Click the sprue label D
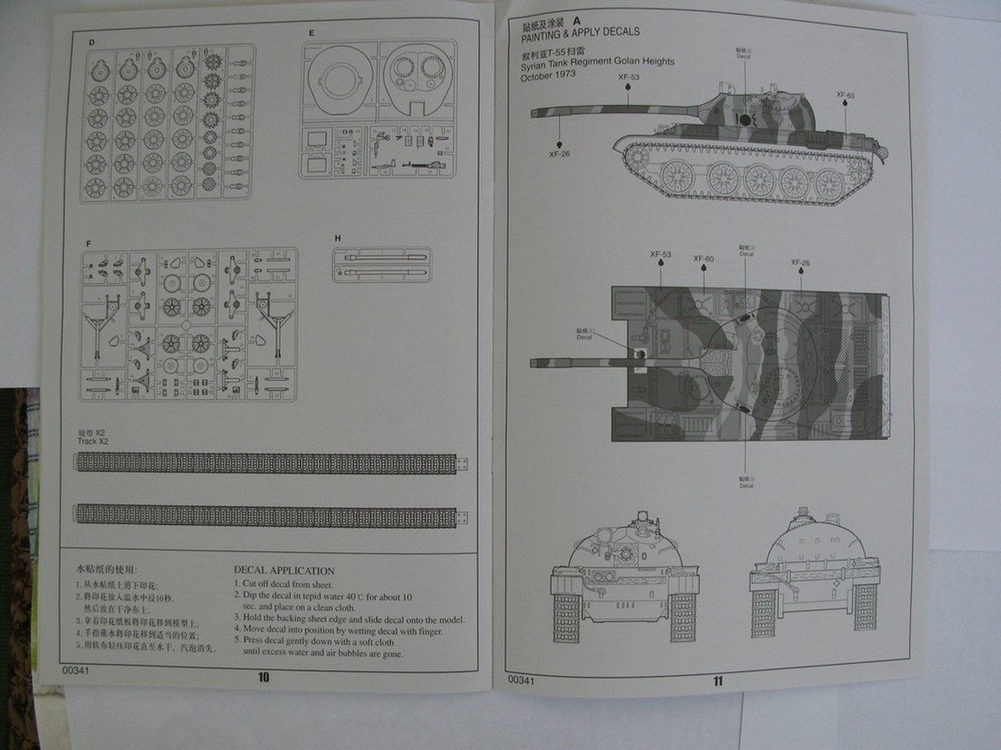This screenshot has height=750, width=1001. click(x=91, y=41)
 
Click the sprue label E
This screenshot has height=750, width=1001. click(x=311, y=34)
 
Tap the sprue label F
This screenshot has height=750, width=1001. click(x=88, y=244)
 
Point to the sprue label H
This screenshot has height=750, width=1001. click(x=337, y=238)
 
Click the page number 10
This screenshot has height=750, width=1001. click(x=263, y=677)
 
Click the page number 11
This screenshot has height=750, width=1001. click(x=718, y=680)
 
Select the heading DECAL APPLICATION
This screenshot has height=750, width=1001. click(x=284, y=571)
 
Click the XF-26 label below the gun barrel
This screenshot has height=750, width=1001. click(x=560, y=154)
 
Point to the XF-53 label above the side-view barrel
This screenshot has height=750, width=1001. click(x=628, y=77)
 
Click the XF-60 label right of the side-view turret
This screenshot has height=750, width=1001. click(x=846, y=95)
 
